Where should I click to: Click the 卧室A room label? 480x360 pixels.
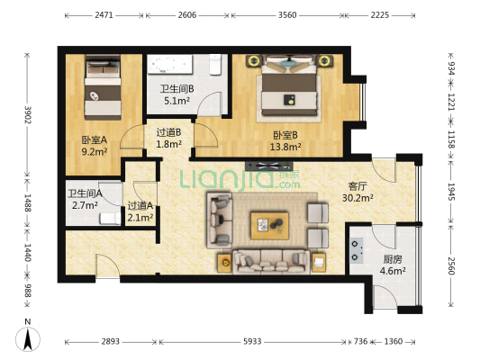[x=95, y=145]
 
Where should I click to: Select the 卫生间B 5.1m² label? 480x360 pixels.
[x=176, y=94]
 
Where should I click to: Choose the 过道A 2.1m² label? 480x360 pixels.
[x=140, y=211]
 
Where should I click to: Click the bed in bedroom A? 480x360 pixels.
[x=102, y=88]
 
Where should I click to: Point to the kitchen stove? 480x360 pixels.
[x=358, y=246]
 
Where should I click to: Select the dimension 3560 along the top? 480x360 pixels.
[x=286, y=15]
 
